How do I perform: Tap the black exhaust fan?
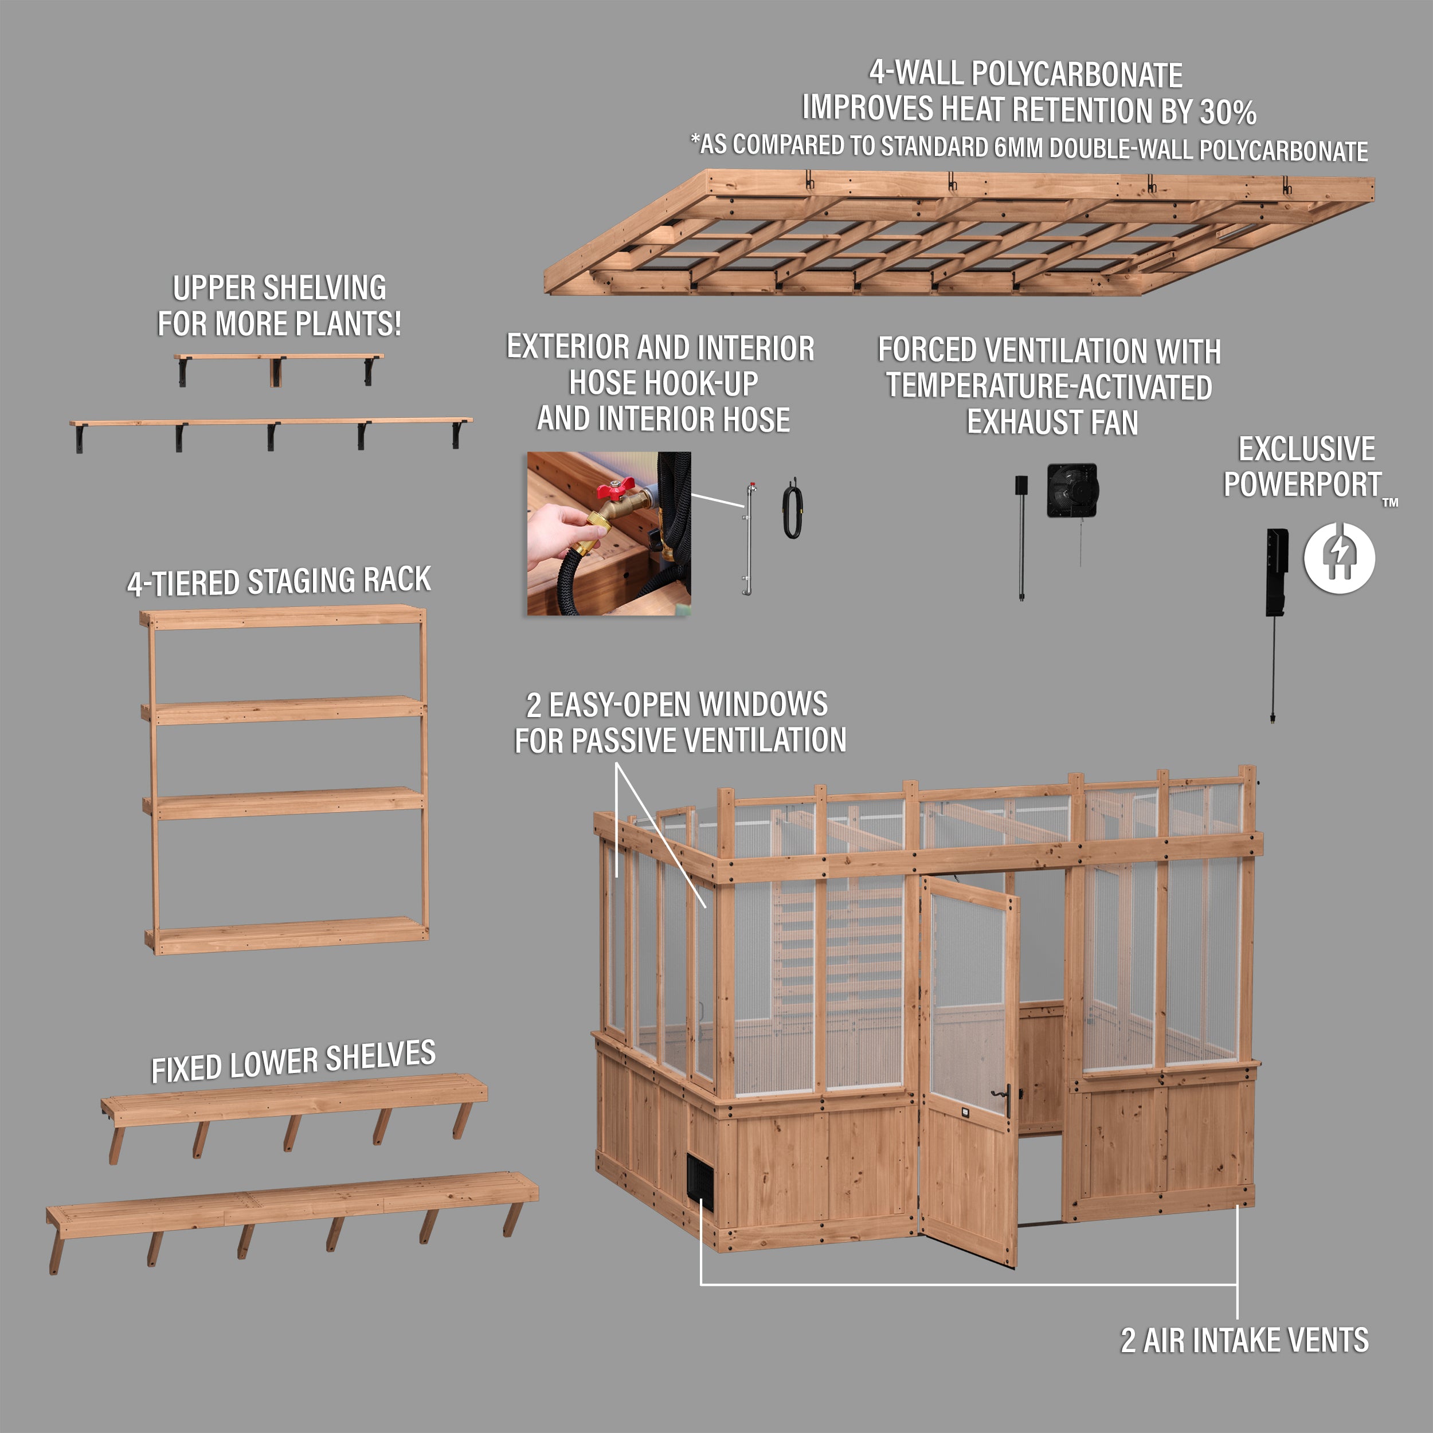point(1072,490)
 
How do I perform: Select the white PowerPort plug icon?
point(1339,557)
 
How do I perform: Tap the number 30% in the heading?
point(1228,112)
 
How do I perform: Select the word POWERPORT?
point(1302,484)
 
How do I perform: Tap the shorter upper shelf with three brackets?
point(279,358)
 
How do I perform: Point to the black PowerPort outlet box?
point(1277,571)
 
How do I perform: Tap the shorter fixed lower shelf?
point(295,1095)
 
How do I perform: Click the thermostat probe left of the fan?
point(1021,534)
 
